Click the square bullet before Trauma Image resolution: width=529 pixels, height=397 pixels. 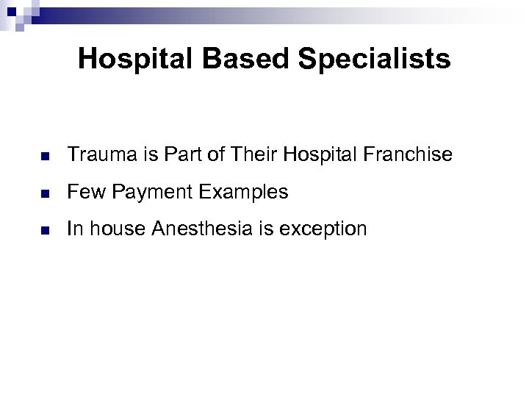[x=44, y=157]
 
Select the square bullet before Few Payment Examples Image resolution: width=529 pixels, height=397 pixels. [x=44, y=194]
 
